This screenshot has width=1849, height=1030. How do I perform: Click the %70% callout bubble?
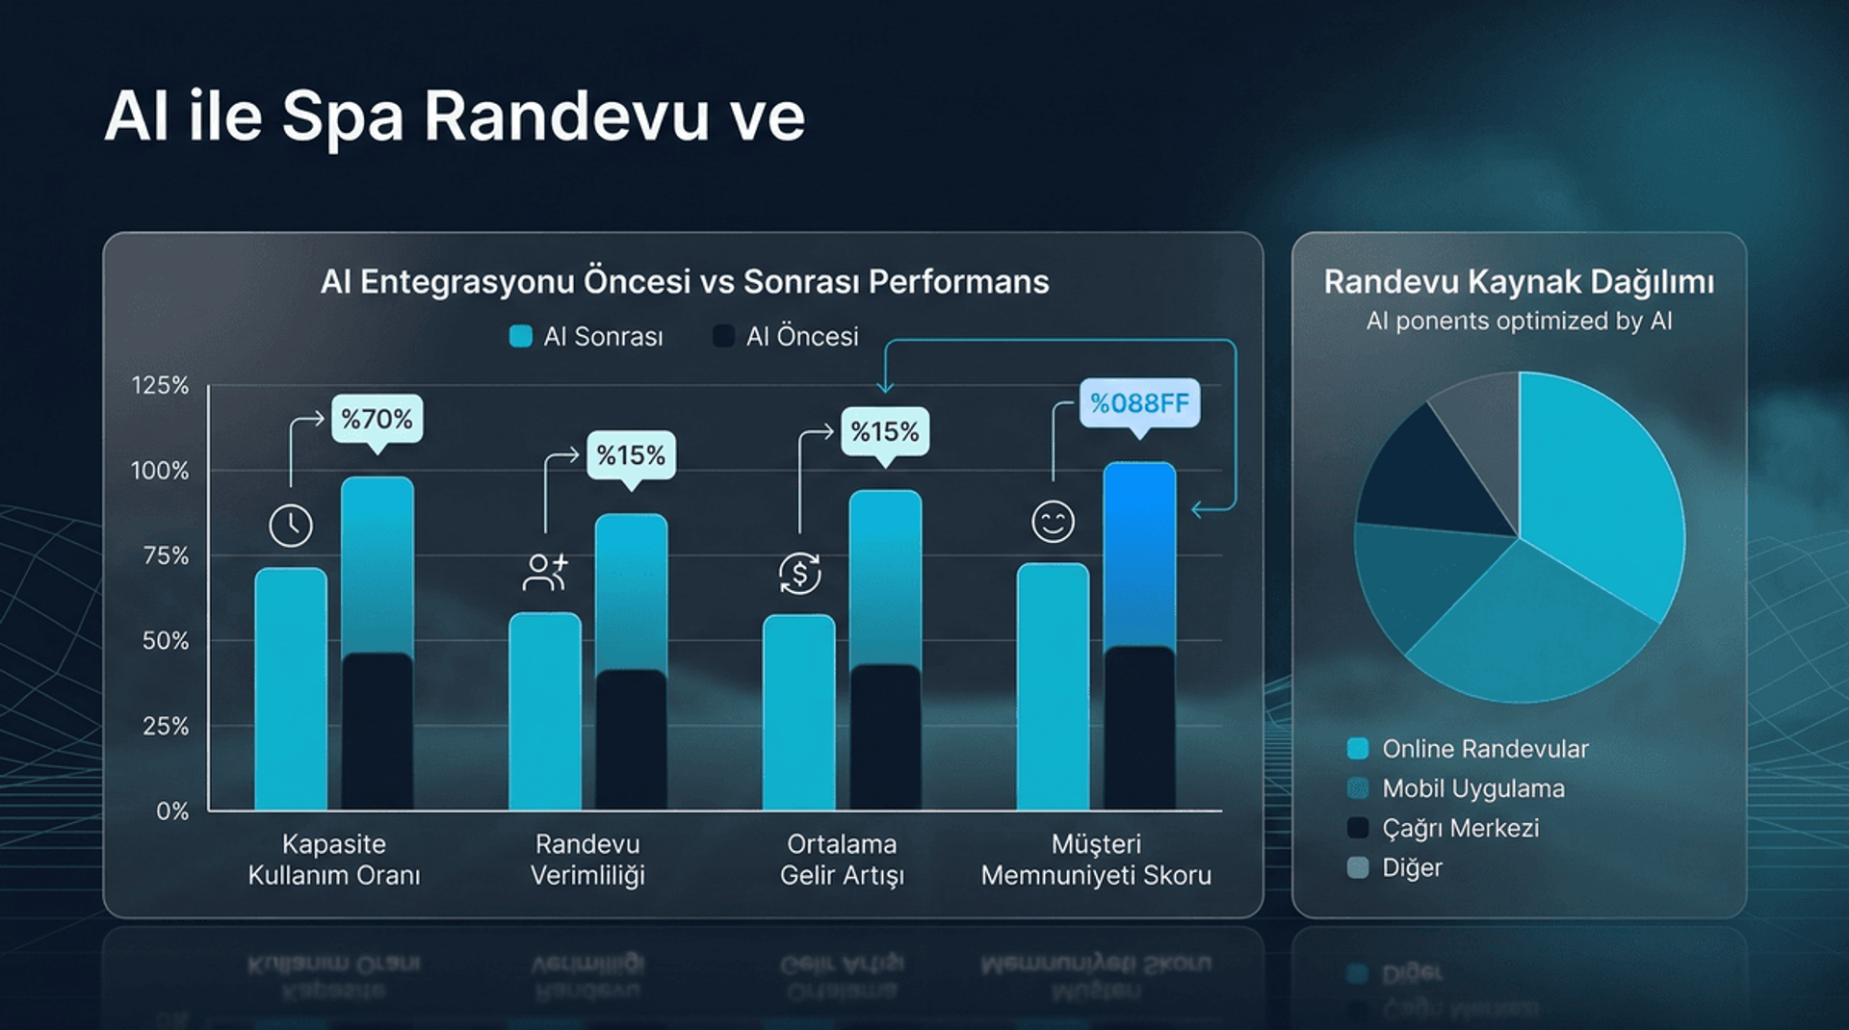377,419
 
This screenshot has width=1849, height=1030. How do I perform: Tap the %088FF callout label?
1139,402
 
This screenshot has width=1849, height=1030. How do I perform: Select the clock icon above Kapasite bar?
291,526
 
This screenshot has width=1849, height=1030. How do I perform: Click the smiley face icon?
1053,522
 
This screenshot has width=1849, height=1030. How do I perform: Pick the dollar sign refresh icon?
799,574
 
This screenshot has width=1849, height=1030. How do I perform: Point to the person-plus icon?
545,572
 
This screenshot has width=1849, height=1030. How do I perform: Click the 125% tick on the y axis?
160,386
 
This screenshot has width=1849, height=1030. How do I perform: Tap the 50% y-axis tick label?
166,641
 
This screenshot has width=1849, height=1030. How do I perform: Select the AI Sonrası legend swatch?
520,336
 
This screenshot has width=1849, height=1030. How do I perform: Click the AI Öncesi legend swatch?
723,336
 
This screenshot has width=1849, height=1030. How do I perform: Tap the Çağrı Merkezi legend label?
1460,828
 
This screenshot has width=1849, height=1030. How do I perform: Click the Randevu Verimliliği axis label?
587,860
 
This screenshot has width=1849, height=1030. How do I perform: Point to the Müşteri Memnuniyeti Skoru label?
1096,860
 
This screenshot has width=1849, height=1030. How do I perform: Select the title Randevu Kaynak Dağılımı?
1519,282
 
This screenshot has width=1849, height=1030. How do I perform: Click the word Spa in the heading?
342,117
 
